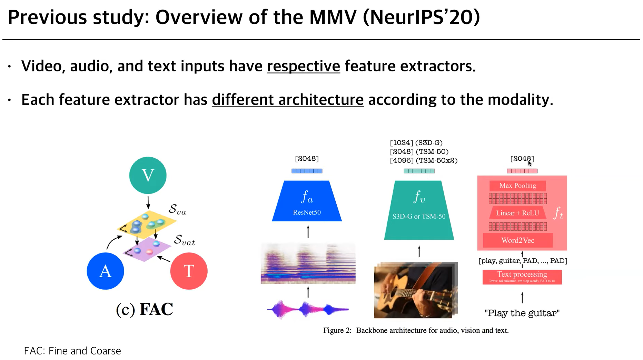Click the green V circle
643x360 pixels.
(x=148, y=175)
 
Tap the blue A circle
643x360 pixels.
(x=105, y=271)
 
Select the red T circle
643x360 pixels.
(x=189, y=271)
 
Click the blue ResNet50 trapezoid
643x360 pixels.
(x=307, y=202)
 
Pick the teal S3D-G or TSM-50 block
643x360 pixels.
(x=419, y=210)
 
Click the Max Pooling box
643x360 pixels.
(x=517, y=186)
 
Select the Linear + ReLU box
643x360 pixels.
(x=517, y=213)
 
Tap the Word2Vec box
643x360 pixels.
(x=517, y=240)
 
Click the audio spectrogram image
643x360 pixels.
(x=308, y=263)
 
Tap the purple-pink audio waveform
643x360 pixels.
(x=308, y=309)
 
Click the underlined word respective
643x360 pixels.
(x=303, y=66)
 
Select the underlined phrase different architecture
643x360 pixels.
(x=288, y=100)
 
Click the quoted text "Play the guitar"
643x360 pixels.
(x=522, y=313)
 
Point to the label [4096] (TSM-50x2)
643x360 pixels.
(x=424, y=160)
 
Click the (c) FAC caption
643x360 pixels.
(x=145, y=309)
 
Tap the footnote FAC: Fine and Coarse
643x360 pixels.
(x=72, y=351)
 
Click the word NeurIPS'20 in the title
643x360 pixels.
(x=421, y=17)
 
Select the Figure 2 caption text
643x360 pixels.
(x=416, y=330)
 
